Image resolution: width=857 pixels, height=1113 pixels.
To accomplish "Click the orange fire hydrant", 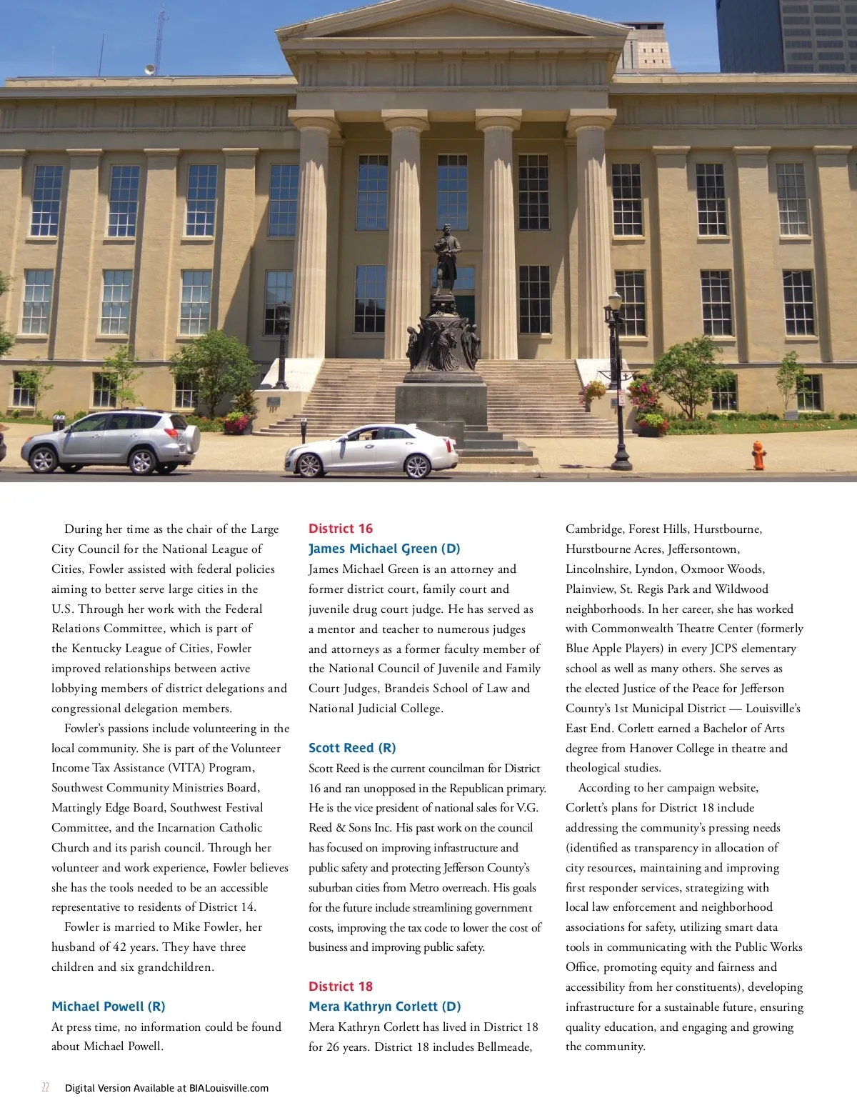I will tap(758, 454).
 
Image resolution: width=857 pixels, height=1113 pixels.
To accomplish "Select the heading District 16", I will tap(341, 529).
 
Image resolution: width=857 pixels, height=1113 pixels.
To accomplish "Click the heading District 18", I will tap(341, 987).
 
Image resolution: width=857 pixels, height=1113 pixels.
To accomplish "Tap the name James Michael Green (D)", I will tap(384, 549).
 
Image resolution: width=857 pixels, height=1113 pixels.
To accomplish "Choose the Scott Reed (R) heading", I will tap(352, 748).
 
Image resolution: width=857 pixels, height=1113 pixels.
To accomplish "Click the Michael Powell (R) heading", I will tap(108, 1007).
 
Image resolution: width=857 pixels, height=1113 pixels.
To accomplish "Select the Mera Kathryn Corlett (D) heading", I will tap(384, 1007).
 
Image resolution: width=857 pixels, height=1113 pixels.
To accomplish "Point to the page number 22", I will tap(46, 1088).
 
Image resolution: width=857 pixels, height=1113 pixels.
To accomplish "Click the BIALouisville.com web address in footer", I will tap(229, 1089).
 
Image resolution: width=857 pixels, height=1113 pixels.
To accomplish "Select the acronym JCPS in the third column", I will tap(723, 649).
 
